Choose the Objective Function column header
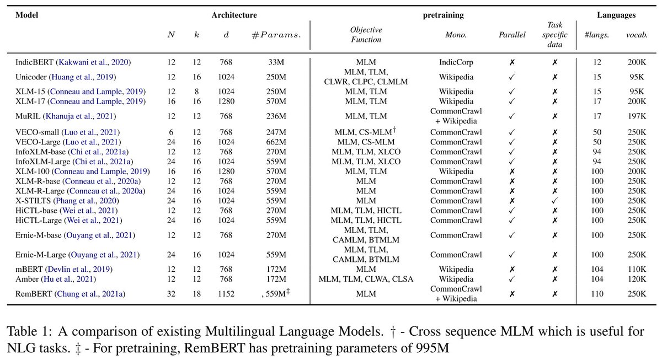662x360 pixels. tap(366, 35)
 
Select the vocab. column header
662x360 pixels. tap(637, 35)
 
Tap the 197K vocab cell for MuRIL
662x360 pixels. tap(637, 116)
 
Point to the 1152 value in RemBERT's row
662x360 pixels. tap(226, 294)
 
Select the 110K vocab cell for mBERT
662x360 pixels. tap(637, 269)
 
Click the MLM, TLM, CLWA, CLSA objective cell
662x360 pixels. tap(366, 279)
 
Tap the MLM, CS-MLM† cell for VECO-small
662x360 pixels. tap(366, 132)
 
